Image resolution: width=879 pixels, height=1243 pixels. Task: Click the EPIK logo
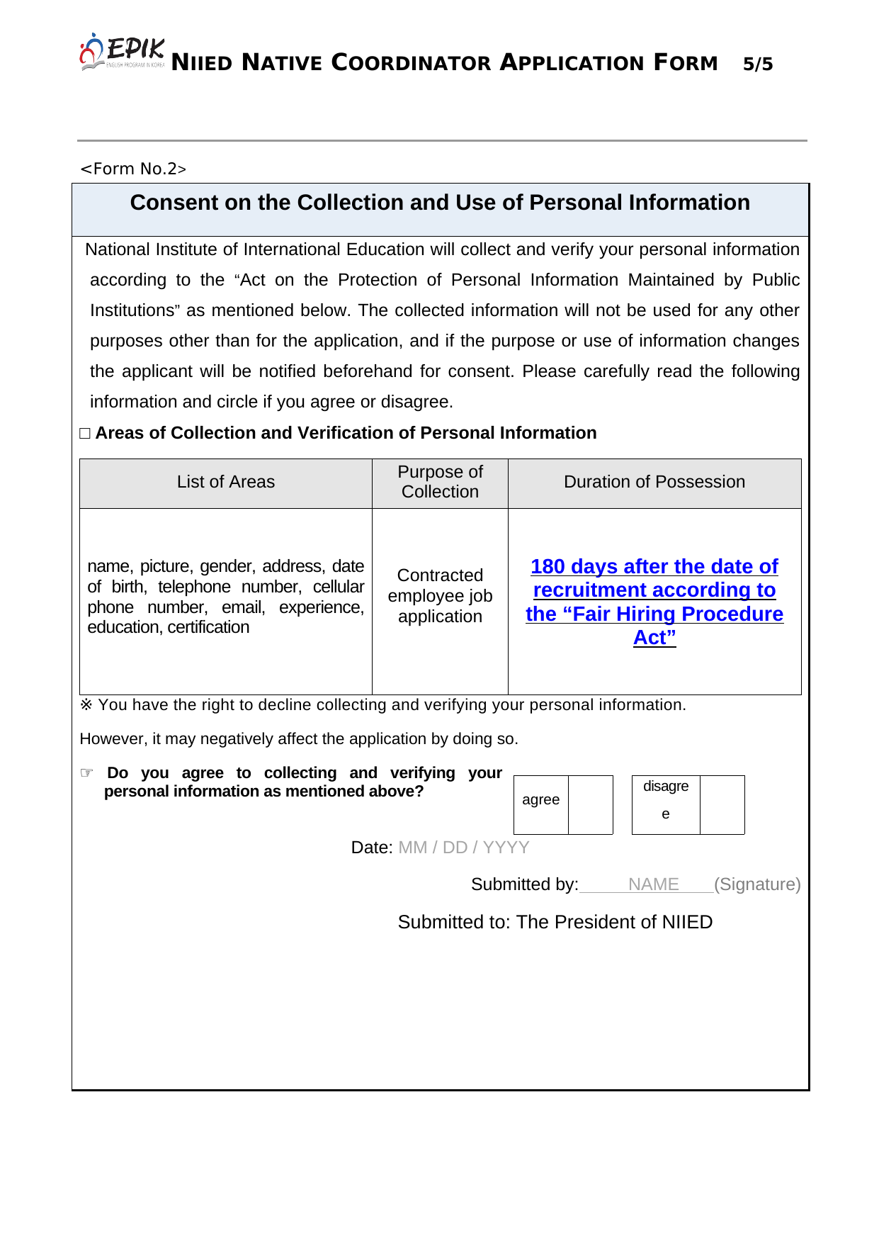(x=122, y=52)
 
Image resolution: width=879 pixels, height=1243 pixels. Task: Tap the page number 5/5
(x=758, y=64)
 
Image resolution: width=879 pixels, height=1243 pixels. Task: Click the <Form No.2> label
(x=133, y=169)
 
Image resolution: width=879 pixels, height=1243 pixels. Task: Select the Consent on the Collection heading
(x=440, y=203)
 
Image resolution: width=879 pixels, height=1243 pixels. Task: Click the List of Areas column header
(x=225, y=482)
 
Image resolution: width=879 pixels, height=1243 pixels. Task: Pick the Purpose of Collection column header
(x=440, y=482)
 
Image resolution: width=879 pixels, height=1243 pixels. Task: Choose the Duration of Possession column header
(x=654, y=482)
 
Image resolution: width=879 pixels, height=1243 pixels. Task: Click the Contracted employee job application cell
(x=440, y=596)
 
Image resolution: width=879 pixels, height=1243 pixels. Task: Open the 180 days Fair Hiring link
(x=654, y=602)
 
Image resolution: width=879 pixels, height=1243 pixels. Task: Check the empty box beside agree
(x=591, y=804)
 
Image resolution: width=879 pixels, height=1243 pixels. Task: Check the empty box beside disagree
(x=722, y=804)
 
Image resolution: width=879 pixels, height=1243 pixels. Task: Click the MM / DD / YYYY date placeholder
(x=464, y=848)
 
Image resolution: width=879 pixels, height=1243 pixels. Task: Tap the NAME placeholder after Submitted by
(x=653, y=884)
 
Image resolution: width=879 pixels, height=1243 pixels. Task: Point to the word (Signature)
(x=757, y=884)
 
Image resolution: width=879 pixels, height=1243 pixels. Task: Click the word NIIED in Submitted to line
(x=687, y=922)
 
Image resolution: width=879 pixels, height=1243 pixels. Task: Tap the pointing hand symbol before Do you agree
(x=86, y=772)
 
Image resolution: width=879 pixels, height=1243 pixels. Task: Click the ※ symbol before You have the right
(x=86, y=705)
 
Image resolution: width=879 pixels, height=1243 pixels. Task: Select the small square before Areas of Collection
(x=85, y=433)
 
